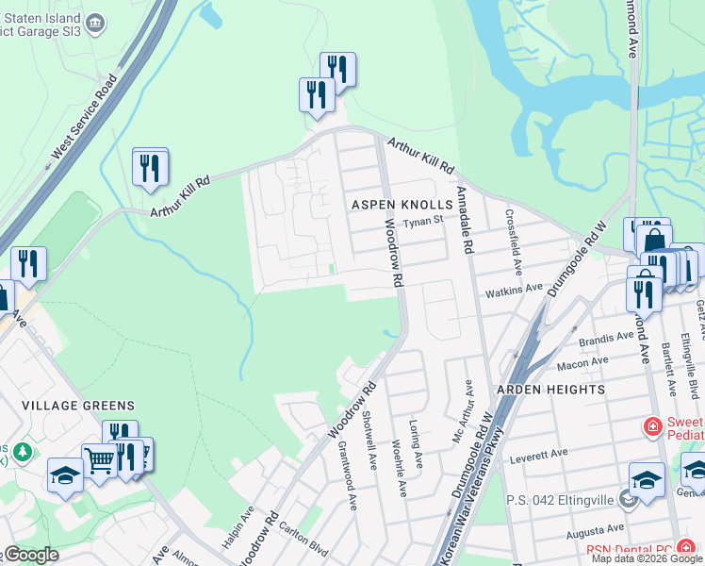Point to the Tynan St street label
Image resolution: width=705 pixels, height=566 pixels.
pos(423,222)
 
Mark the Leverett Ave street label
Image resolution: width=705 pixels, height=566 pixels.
pos(540,455)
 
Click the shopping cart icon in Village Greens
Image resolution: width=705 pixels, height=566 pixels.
pos(99,461)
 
